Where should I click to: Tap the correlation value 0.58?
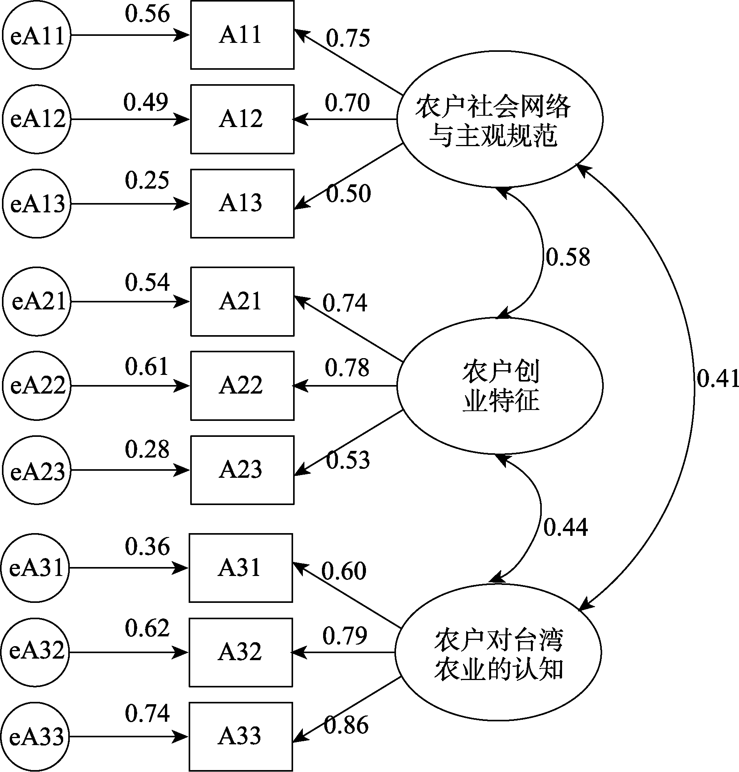click(x=568, y=257)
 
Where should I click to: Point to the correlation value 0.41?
click(x=717, y=378)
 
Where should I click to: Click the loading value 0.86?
click(x=346, y=725)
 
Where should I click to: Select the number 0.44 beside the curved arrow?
click(x=566, y=527)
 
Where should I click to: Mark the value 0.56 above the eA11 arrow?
click(x=147, y=13)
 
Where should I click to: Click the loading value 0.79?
click(x=345, y=635)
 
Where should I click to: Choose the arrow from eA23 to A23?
click(x=131, y=470)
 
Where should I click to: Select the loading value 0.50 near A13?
click(x=348, y=193)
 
